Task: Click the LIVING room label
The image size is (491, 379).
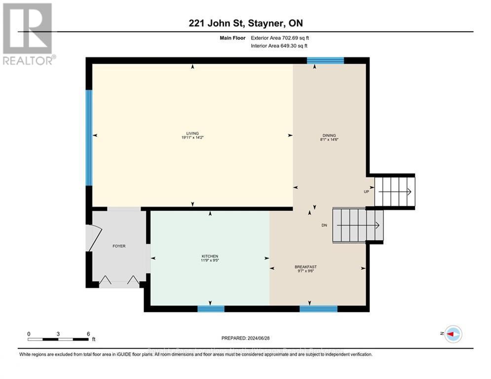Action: tap(192, 133)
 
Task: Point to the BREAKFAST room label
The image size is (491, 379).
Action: tap(305, 267)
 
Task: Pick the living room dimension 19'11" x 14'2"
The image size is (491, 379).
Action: tap(192, 138)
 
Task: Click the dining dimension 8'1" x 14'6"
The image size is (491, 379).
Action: tap(329, 140)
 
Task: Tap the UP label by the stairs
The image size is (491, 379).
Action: tap(366, 191)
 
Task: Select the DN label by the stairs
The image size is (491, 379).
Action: tap(324, 225)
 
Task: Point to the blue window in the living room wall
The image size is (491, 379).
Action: tap(89, 137)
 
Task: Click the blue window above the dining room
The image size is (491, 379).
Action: tap(325, 61)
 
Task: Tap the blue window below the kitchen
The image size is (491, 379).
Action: tap(211, 309)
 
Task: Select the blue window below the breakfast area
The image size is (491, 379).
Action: tap(318, 309)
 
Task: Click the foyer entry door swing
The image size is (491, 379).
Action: tap(92, 237)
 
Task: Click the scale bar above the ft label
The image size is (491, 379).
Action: tap(58, 339)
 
